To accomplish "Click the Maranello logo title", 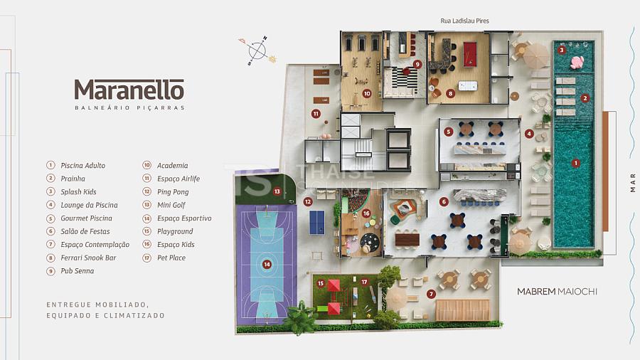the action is point(129,90).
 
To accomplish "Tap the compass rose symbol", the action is point(257,51).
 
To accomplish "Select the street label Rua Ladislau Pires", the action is point(464,21).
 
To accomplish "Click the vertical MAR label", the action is point(633,182).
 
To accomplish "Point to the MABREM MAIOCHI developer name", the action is point(557,292).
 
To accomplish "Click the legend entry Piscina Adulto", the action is point(83,165).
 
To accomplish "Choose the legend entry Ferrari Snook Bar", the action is point(89,258).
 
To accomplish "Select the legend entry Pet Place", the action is point(171,258).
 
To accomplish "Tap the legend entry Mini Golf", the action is point(171,205).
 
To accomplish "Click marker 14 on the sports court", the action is point(267,265).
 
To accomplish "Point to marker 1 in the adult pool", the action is point(575,163).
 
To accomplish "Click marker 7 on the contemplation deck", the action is point(431,293).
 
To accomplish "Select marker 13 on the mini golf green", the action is point(277,191).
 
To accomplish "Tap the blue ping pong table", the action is point(316,222).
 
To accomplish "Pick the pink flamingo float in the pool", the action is point(577,62).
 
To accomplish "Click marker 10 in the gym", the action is point(367,94).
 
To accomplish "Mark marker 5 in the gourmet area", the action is point(449,132).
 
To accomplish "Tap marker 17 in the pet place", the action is point(364,282).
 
